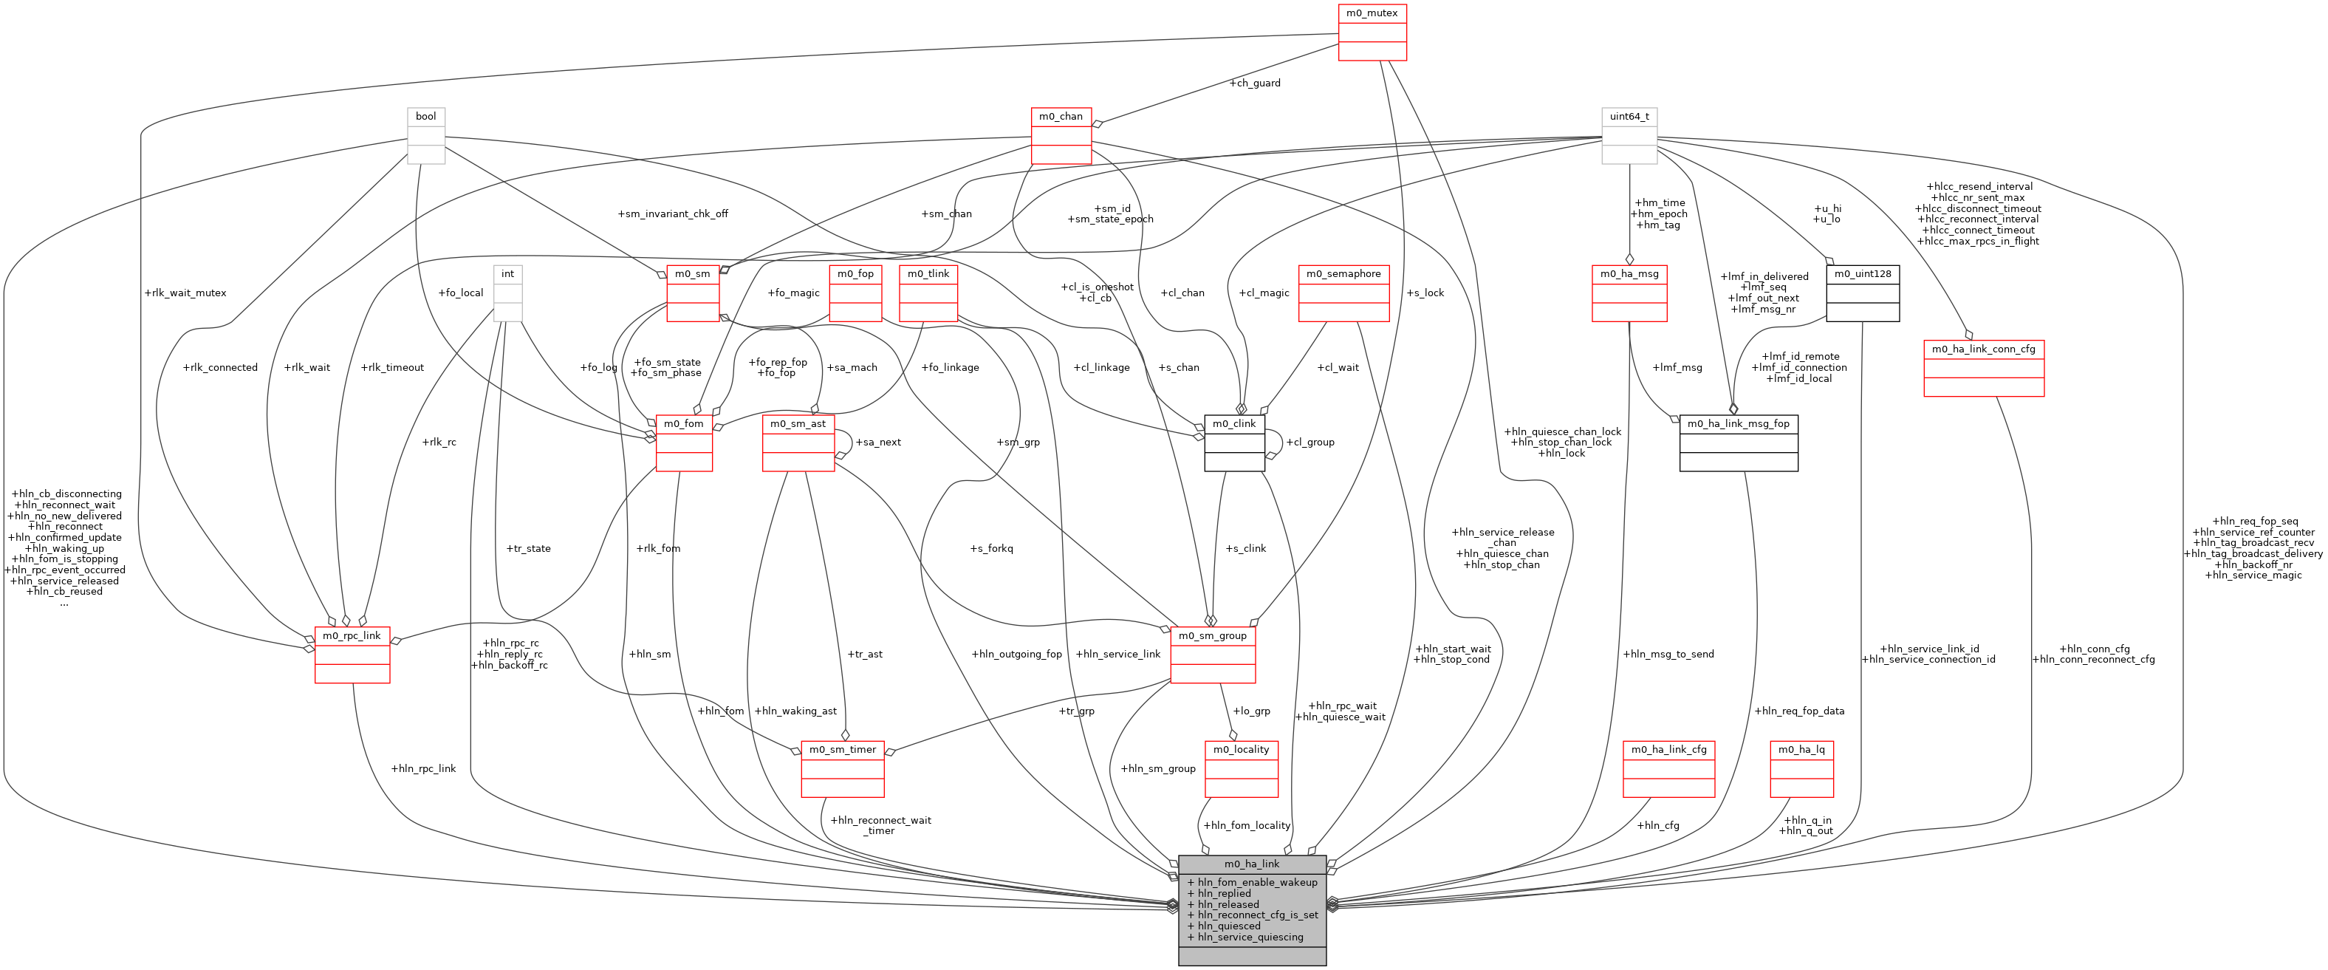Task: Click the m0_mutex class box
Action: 1371,32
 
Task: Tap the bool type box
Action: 425,136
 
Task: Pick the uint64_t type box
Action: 1629,136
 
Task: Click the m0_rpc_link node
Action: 352,655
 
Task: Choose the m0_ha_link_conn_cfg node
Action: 1983,368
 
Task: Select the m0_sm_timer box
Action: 842,768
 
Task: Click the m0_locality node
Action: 1241,768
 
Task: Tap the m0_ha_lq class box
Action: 1801,768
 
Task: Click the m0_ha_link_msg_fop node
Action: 1738,443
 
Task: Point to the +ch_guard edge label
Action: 1254,83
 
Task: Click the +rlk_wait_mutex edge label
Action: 185,293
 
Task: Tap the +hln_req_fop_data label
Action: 1798,711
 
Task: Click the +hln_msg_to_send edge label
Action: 1668,655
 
